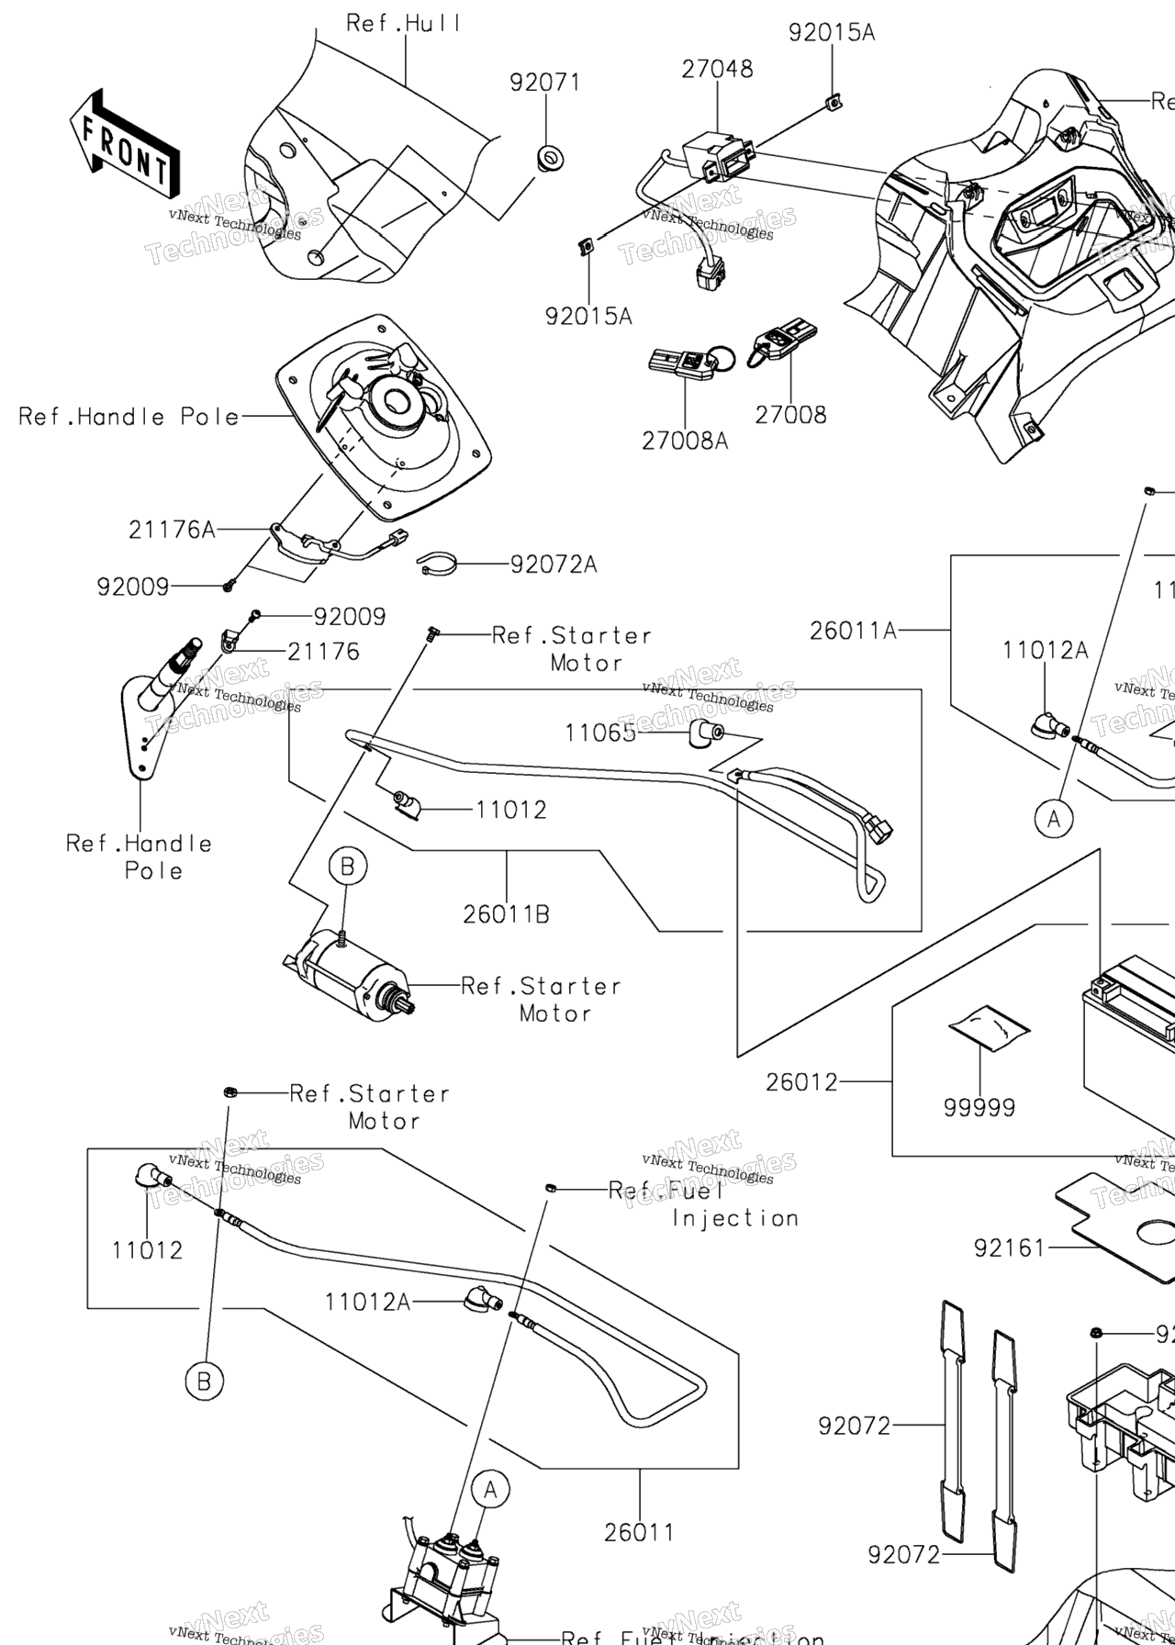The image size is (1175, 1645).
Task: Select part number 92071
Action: (545, 83)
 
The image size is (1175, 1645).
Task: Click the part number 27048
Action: (717, 69)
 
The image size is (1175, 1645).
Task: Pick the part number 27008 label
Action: (790, 415)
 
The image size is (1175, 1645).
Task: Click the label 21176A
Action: (172, 530)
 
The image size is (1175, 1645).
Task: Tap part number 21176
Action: (323, 652)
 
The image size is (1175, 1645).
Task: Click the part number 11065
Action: (599, 733)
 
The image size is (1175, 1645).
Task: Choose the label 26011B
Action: (506, 914)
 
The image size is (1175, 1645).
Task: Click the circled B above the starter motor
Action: (347, 866)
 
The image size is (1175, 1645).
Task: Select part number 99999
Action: (979, 1108)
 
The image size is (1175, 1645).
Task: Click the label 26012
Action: (802, 1082)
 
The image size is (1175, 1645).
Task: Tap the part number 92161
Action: (1010, 1248)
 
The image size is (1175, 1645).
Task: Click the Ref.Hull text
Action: (403, 23)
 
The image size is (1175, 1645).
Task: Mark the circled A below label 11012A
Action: (1054, 817)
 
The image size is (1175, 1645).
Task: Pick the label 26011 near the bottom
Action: (639, 1532)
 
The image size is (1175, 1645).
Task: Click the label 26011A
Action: (853, 631)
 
